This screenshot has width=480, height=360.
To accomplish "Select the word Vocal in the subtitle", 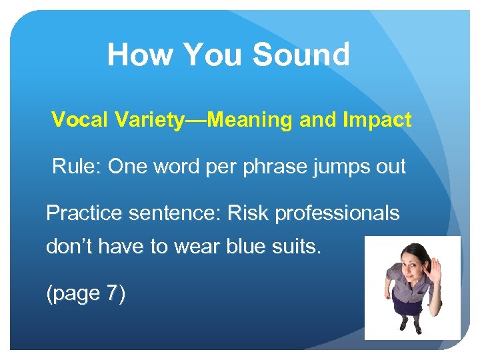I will pos(75,120).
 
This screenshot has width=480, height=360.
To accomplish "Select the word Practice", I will pos(83,213).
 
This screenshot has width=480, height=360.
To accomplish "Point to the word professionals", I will pos(337,213).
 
